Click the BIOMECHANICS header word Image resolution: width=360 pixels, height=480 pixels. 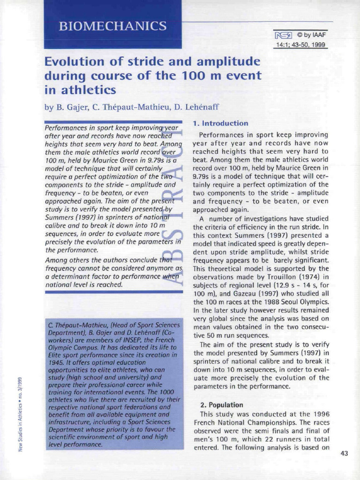[112, 26]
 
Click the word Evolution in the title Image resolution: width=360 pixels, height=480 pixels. [75, 61]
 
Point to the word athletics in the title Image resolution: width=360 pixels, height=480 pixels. [86, 89]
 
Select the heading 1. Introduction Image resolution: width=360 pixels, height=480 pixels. [220, 123]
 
